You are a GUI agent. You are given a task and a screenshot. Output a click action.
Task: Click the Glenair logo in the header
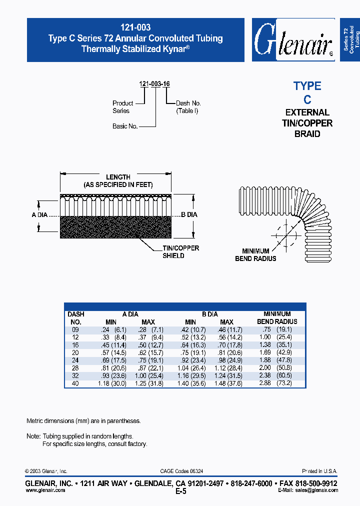[x=292, y=40]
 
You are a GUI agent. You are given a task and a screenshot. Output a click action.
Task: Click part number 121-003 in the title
[x=135, y=28]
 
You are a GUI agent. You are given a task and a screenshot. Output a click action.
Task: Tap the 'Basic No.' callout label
[x=125, y=126]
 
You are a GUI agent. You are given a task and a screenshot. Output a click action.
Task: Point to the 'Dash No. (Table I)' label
[x=188, y=107]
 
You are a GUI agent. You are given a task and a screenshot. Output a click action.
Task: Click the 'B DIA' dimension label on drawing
[x=189, y=214]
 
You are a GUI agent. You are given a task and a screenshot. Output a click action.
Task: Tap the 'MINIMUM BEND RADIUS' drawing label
[x=255, y=255]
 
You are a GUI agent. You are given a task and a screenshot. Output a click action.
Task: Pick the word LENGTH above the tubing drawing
[x=118, y=177]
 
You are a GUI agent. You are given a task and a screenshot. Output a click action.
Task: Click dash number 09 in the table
[x=75, y=330]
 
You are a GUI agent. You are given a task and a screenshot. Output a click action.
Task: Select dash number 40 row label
[x=75, y=383]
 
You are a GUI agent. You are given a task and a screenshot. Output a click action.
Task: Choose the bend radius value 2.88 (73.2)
[x=277, y=383]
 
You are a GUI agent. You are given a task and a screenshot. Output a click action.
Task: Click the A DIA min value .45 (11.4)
[x=114, y=345]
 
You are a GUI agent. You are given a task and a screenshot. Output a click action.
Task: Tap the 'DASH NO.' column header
[x=75, y=318]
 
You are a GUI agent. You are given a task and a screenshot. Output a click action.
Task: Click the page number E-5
[x=181, y=491]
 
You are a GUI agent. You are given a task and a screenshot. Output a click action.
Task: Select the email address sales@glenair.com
[x=315, y=490]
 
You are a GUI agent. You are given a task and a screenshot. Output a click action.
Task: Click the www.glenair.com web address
[x=45, y=490]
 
